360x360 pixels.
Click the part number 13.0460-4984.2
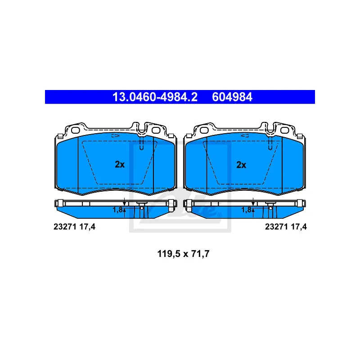click(155, 97)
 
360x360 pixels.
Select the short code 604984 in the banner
click(232, 97)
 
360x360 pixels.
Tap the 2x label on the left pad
click(120, 164)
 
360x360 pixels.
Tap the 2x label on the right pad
click(241, 165)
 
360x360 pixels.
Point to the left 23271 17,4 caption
click(74, 227)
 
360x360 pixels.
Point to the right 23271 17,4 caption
click(286, 227)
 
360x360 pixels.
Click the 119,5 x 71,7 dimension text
click(183, 254)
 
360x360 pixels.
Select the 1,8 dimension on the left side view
click(117, 210)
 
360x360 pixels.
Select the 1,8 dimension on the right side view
click(246, 210)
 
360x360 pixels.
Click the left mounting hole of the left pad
click(75, 130)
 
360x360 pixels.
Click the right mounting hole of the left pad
click(156, 130)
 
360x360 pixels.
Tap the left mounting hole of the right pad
click(204, 130)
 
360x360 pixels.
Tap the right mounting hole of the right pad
click(285, 130)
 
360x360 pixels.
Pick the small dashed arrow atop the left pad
click(116, 135)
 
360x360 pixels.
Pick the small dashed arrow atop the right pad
click(244, 135)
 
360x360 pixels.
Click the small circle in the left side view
click(142, 208)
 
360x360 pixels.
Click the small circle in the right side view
click(271, 208)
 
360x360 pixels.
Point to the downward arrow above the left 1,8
click(124, 201)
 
